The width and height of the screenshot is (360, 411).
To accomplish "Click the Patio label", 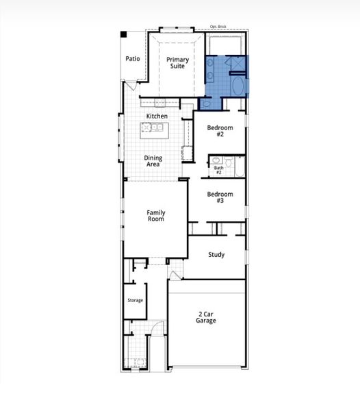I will (x=133, y=58).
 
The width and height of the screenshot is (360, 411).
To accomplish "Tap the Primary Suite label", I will (x=178, y=63).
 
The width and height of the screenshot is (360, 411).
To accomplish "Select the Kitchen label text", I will (x=157, y=116).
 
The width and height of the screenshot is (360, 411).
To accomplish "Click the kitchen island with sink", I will (x=155, y=127).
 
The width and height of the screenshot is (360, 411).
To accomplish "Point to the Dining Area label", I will (x=153, y=162).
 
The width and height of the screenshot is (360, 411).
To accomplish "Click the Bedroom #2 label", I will (x=220, y=132).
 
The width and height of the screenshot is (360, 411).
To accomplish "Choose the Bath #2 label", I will (x=218, y=170).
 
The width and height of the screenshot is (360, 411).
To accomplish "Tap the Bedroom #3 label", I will (x=220, y=197).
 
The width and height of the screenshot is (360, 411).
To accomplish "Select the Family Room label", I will (x=155, y=216).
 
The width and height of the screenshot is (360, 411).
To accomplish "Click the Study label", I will (x=216, y=255).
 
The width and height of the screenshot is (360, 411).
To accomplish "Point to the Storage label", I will (x=135, y=300).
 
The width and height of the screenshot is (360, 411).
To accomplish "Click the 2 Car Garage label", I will (x=206, y=316).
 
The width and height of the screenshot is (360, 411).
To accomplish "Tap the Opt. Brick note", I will (x=218, y=28).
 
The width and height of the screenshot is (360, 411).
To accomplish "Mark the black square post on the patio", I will (x=124, y=34).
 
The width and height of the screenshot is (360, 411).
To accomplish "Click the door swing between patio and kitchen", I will (x=129, y=88).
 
